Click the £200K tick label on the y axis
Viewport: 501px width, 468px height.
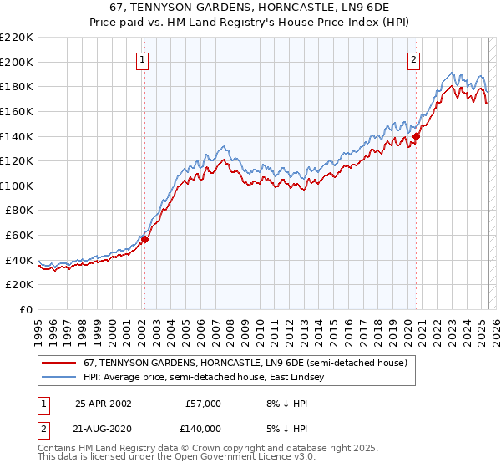pos(17,62)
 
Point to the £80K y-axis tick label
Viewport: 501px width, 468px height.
pos(19,211)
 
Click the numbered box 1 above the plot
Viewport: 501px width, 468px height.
pos(144,59)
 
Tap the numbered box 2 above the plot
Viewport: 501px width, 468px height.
pos(414,59)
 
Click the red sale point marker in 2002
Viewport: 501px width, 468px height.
pos(144,239)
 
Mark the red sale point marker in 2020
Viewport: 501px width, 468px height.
pos(416,136)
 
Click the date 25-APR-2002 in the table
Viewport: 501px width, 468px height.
pos(104,404)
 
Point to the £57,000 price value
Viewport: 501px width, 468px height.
pos(203,404)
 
